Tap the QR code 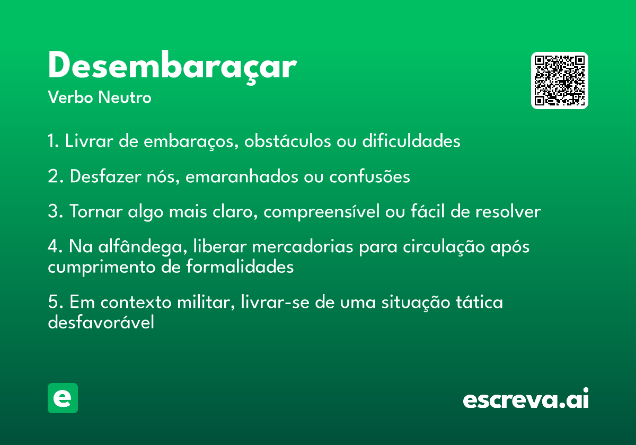pos(559,81)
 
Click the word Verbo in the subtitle pos(70,97)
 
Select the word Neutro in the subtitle pos(125,97)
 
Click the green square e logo pos(63,398)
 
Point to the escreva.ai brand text pos(526,398)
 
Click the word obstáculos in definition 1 pos(287,141)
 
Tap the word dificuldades pos(411,141)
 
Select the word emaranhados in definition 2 pos(242,176)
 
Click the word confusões pos(370,176)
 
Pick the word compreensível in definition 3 pos(321,212)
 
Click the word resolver pos(508,212)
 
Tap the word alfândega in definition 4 pos(143,246)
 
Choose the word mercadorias pos(303,246)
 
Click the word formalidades pos(240,267)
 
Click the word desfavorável pos(101,322)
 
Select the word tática pos(480,302)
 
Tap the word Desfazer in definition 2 pos(105,176)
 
